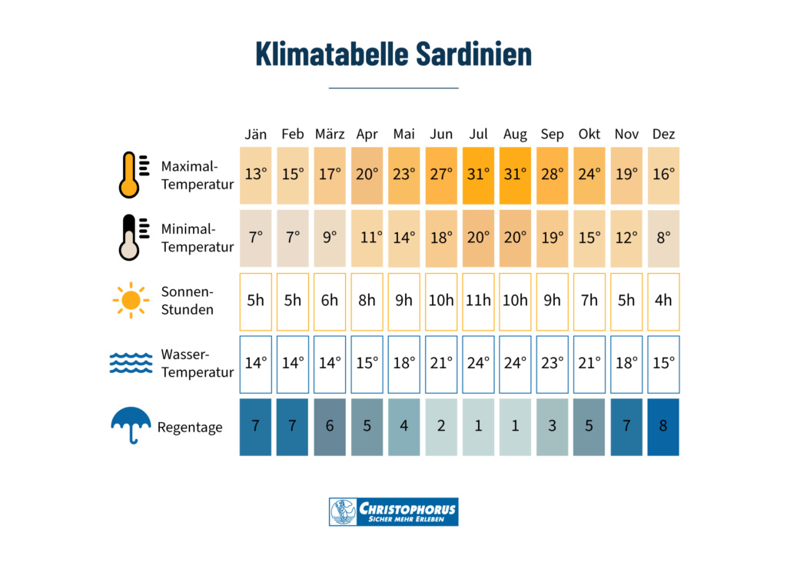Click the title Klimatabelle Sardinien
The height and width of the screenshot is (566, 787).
pyautogui.click(x=393, y=55)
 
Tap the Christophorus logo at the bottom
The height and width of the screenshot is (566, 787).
pyautogui.click(x=393, y=511)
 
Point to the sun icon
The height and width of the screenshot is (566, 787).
pyautogui.click(x=131, y=300)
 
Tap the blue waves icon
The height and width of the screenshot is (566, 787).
pyautogui.click(x=131, y=363)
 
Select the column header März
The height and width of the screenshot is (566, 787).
pyautogui.click(x=330, y=134)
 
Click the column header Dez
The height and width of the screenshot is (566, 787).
pyautogui.click(x=663, y=134)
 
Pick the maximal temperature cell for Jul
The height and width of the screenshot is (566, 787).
pyautogui.click(x=478, y=175)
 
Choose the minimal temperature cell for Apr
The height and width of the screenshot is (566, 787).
pyautogui.click(x=367, y=237)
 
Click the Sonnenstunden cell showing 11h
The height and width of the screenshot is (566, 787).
pyautogui.click(x=478, y=300)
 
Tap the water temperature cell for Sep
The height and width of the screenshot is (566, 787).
pyautogui.click(x=552, y=363)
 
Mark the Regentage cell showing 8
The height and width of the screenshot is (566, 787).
pyautogui.click(x=663, y=426)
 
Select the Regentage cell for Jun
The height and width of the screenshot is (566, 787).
pyautogui.click(x=441, y=426)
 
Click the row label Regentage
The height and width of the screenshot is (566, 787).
pyautogui.click(x=190, y=427)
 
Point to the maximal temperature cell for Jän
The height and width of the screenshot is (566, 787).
pyautogui.click(x=256, y=175)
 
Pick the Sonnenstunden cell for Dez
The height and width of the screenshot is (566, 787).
pyautogui.click(x=663, y=300)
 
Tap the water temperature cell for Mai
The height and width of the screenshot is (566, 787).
pyautogui.click(x=404, y=363)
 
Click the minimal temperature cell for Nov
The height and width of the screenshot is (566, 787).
pyautogui.click(x=626, y=237)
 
